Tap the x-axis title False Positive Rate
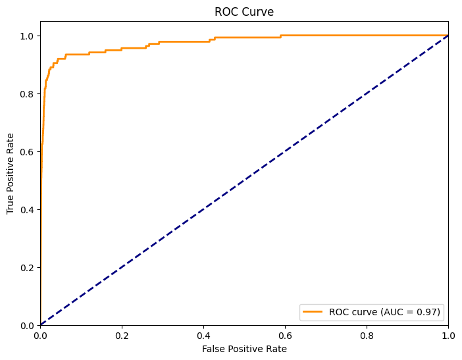point(244,349)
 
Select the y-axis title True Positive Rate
point(11,173)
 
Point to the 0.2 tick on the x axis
point(122,335)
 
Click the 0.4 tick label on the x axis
point(203,335)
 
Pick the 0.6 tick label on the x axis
point(285,335)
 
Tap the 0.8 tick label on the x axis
point(367,335)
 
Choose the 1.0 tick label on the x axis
point(448,335)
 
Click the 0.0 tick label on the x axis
point(40,335)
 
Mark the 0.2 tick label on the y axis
point(27,267)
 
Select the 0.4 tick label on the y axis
point(27,209)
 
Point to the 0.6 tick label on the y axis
point(27,151)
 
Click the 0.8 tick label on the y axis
point(27,93)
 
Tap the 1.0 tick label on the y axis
point(27,36)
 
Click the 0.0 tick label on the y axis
point(27,325)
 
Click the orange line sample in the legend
point(314,312)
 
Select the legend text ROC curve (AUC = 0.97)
point(385,312)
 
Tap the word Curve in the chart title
point(259,12)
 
